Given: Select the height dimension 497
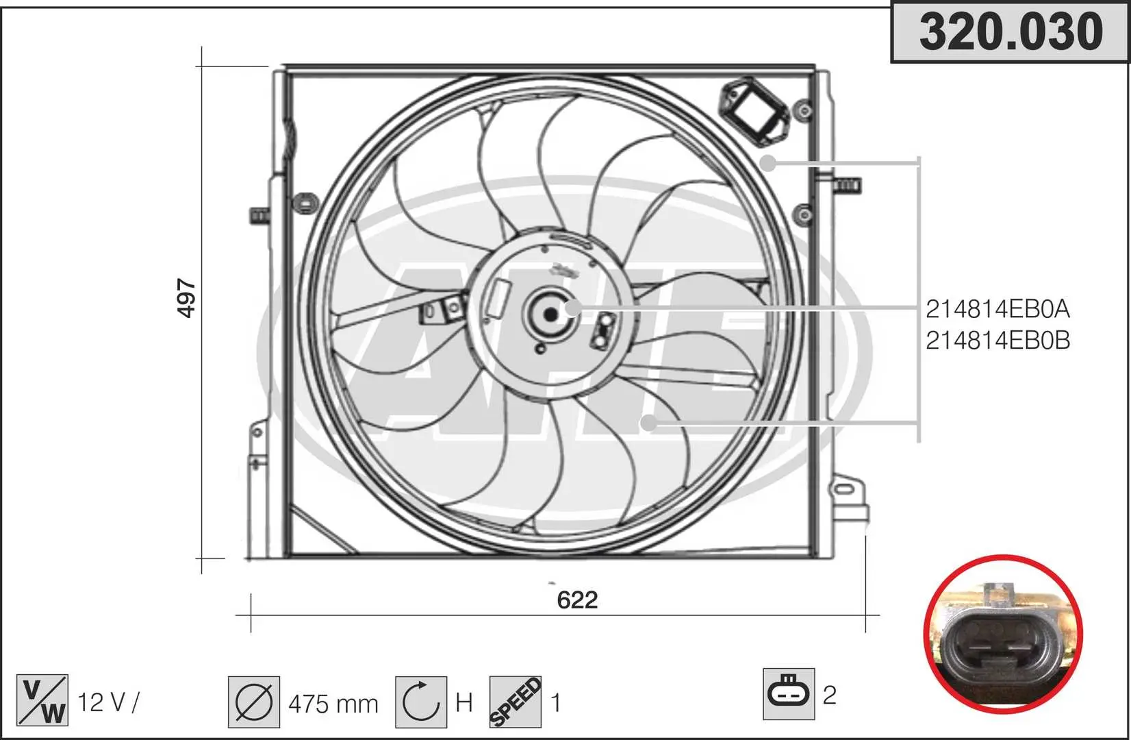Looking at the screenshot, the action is pos(186,298).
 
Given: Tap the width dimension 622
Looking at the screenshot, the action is pos(577,600).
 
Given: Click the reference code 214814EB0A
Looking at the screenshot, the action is pos(997,309).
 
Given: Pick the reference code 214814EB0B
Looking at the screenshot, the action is pos(997,341).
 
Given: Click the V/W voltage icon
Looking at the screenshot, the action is pos(42,700).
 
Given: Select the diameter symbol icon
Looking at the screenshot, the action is pos(254,702).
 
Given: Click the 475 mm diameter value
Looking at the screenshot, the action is pos(333,704).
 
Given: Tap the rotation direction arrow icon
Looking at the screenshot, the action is pos(421,702).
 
